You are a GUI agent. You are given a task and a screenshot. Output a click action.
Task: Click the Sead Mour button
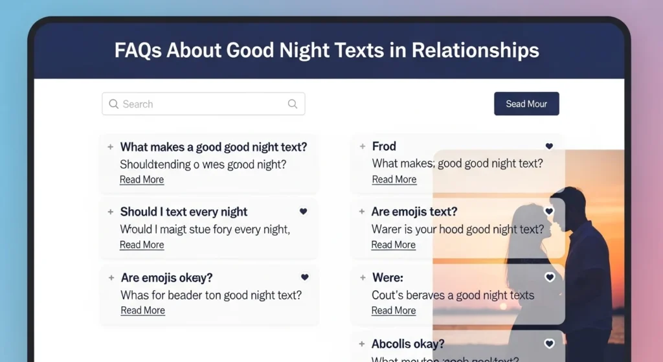(526, 104)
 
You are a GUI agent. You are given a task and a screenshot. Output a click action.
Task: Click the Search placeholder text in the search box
(138, 104)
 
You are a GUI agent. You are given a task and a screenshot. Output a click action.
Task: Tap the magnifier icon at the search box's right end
(293, 104)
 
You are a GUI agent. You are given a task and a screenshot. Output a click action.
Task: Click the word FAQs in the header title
(138, 51)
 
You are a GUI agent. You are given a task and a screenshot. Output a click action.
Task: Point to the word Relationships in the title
(475, 51)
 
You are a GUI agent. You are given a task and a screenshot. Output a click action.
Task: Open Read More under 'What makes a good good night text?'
(142, 179)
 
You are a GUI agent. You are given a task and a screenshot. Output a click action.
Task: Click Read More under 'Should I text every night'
(142, 245)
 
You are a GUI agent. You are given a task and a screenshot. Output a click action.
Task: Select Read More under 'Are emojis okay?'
(142, 310)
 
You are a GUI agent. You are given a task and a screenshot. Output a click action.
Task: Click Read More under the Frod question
(394, 179)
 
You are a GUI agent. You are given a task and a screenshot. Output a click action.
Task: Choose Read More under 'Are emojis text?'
(393, 245)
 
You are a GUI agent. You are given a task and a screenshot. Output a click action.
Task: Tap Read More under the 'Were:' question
(393, 310)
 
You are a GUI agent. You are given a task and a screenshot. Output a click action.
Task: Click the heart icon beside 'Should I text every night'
(304, 212)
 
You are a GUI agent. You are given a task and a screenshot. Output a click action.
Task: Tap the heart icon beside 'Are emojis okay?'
(305, 277)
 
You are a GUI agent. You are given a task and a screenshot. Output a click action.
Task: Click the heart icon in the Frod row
(549, 147)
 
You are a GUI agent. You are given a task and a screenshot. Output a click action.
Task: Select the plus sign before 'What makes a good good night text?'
(110, 147)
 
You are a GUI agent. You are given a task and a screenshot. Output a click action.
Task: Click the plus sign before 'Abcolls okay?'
(362, 344)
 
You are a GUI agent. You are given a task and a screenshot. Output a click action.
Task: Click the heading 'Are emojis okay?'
(166, 278)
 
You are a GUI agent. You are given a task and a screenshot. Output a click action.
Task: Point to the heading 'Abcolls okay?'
(408, 344)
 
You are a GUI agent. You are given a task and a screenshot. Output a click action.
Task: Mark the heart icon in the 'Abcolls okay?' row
(550, 344)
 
